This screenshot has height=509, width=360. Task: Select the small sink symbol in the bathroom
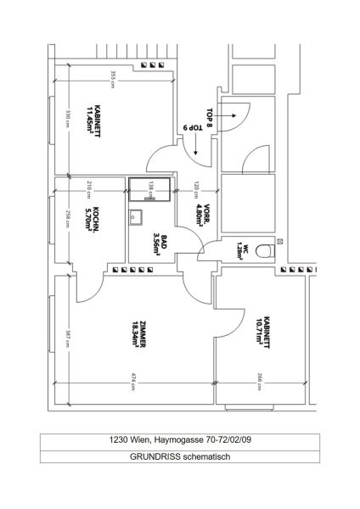[135, 216]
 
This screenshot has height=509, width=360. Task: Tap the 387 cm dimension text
[67, 338]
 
